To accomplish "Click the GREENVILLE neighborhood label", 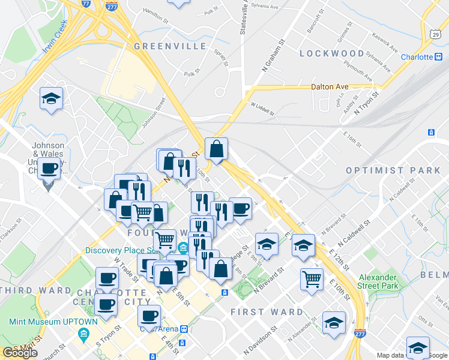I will (x=161, y=46).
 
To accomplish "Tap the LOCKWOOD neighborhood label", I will (x=331, y=53).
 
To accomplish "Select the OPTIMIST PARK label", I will (x=393, y=170).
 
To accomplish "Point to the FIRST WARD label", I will (x=267, y=312).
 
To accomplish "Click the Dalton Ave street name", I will (x=330, y=86).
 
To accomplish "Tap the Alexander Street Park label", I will (x=378, y=281).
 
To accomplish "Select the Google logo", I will (x=20, y=353).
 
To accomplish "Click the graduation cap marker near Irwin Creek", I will (x=52, y=99).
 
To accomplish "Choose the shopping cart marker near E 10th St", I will (x=312, y=278).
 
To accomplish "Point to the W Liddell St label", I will (x=262, y=109).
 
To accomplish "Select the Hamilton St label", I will (x=154, y=15).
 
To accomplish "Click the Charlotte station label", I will (x=417, y=57).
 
